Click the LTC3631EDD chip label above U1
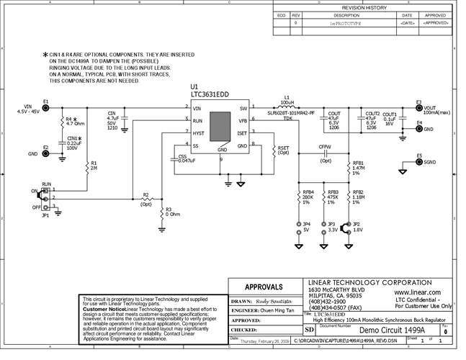coord(210,94)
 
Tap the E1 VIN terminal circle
coord(45,108)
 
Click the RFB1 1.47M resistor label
coord(358,168)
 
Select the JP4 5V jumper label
coord(307,228)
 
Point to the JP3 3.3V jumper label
coord(332,228)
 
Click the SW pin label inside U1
coord(243,109)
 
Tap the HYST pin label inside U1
coord(198,132)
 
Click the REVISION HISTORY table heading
coord(369,7)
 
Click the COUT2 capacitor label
coord(372,114)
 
